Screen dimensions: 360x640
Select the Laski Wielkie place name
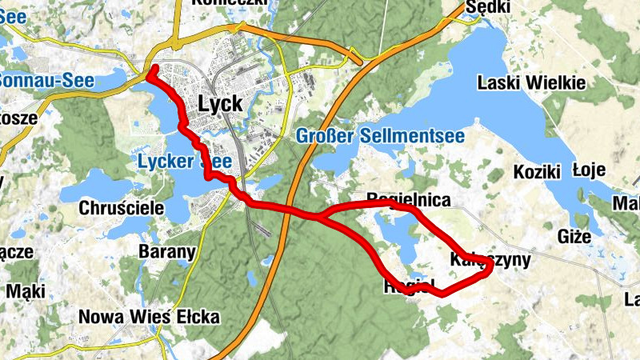pos(530,82)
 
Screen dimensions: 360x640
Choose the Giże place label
pos(575,237)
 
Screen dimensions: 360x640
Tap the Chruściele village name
pos(122,208)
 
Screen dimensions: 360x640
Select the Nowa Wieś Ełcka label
pos(149,317)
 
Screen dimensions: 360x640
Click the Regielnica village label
pos(408,199)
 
